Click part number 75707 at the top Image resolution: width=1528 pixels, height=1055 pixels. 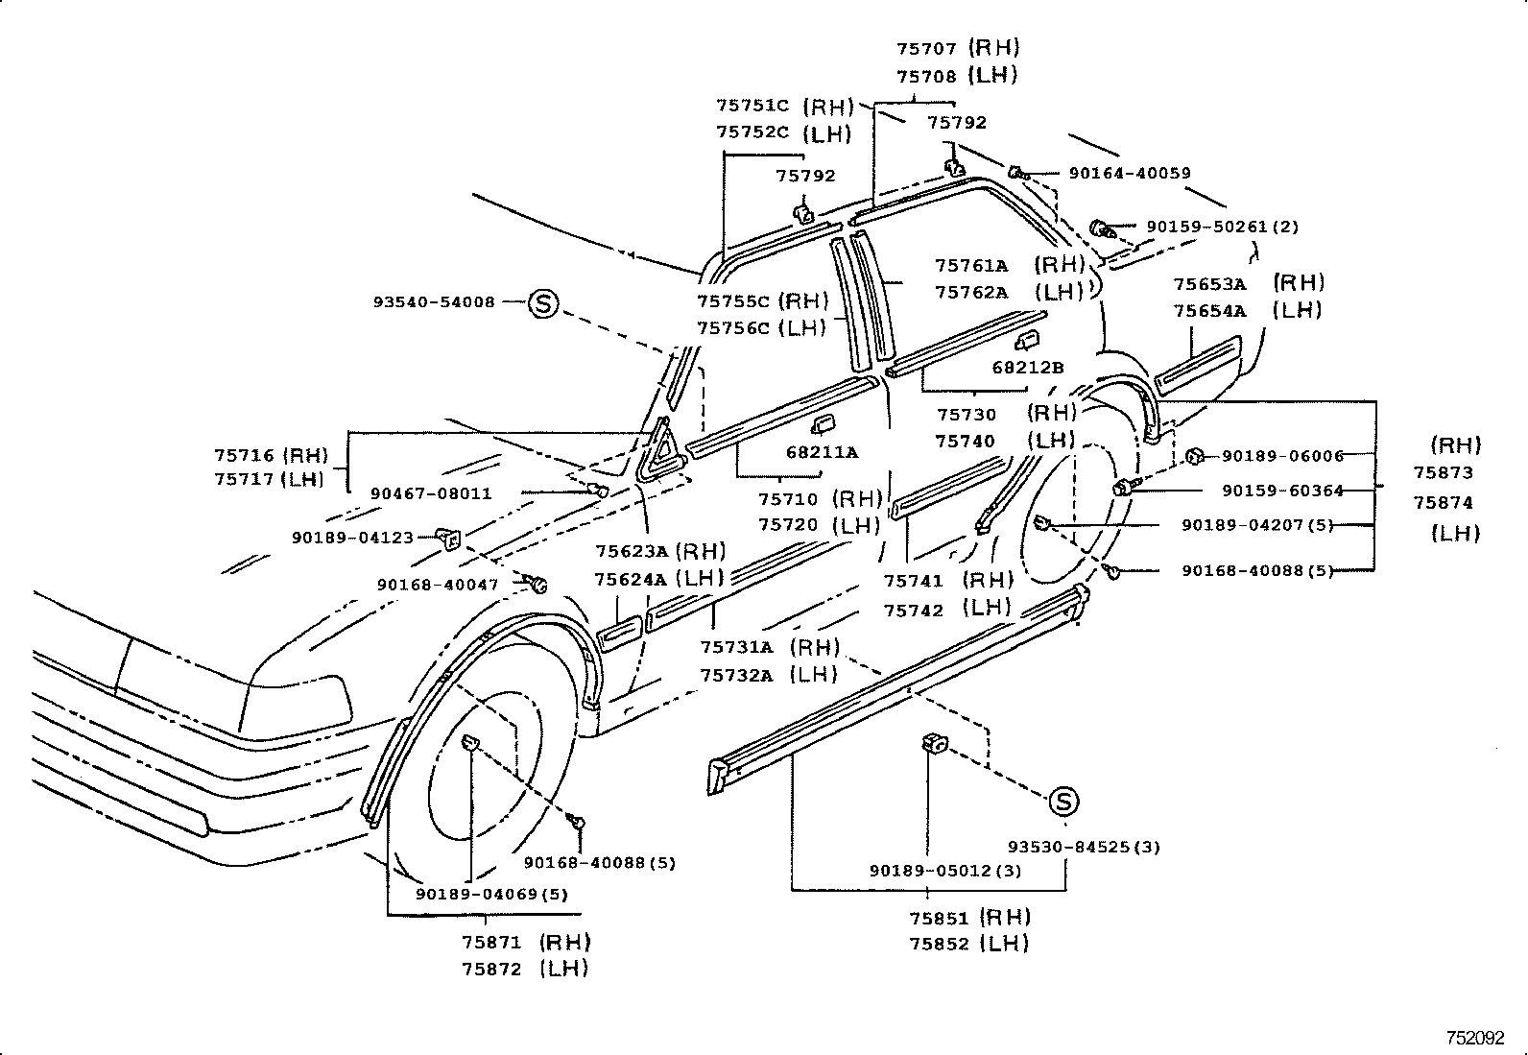[926, 48]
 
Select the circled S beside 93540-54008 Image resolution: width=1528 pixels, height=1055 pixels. [543, 303]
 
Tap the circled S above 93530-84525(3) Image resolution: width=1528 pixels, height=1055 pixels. [1062, 802]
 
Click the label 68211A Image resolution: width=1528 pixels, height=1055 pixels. [822, 452]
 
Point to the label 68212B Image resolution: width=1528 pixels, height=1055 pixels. [1027, 368]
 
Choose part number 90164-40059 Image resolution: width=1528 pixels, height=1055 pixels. [1130, 174]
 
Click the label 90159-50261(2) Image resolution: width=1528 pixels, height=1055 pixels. [1222, 228]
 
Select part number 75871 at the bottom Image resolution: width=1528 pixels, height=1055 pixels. [490, 943]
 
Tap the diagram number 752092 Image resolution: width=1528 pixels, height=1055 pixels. [1476, 1038]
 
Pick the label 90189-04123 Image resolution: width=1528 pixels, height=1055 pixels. [352, 538]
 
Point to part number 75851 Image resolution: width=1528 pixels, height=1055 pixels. [939, 918]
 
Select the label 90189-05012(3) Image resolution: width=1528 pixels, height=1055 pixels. [944, 871]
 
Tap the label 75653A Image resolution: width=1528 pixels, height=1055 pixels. [1209, 284]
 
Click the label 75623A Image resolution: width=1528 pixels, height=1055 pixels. [630, 552]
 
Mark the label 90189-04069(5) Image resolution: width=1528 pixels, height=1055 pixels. [491, 894]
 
